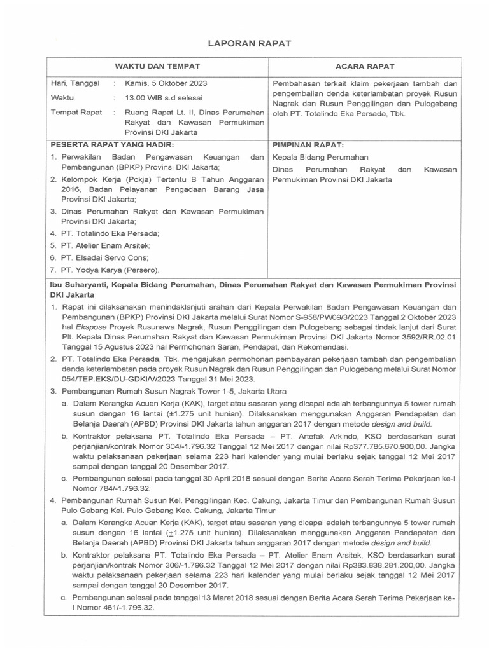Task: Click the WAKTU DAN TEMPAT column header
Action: click(157, 66)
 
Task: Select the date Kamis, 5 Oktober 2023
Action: click(166, 83)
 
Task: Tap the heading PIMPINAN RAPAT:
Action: click(308, 145)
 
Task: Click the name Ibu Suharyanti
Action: click(81, 286)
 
